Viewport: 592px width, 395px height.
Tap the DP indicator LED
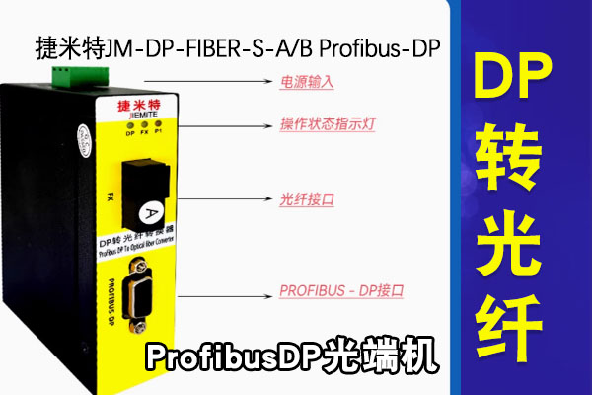(129, 123)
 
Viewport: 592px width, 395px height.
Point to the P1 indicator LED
(158, 123)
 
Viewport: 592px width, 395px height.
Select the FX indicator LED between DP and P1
(143, 123)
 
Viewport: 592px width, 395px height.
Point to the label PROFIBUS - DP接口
(342, 291)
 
